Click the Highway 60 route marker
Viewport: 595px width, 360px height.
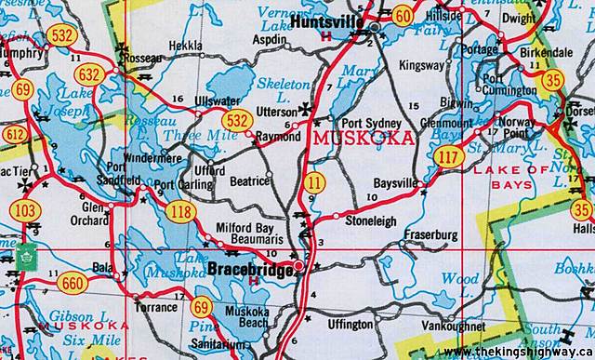point(403,14)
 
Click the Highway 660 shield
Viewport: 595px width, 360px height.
point(71,284)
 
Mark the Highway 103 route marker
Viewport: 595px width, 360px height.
point(27,211)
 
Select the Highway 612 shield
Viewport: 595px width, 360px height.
point(13,136)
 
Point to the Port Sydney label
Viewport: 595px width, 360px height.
point(371,124)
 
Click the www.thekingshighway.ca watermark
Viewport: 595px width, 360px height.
point(517,352)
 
